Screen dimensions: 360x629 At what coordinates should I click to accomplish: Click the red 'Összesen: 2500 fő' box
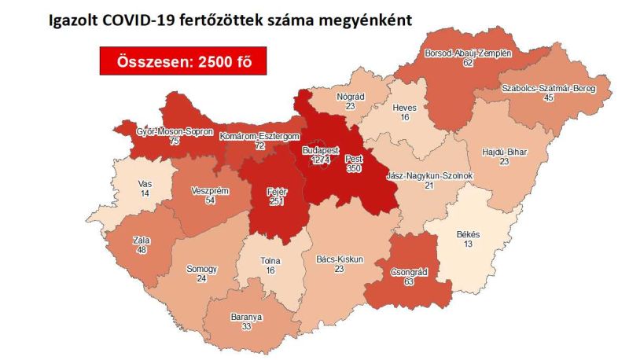coord(178,61)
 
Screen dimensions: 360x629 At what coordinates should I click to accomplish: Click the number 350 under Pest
coord(354,168)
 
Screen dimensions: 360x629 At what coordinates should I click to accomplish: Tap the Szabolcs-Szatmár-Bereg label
coord(549,89)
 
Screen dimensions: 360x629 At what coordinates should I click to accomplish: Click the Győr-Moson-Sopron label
coord(175,131)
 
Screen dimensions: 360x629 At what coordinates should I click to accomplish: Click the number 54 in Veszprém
coord(210,201)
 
